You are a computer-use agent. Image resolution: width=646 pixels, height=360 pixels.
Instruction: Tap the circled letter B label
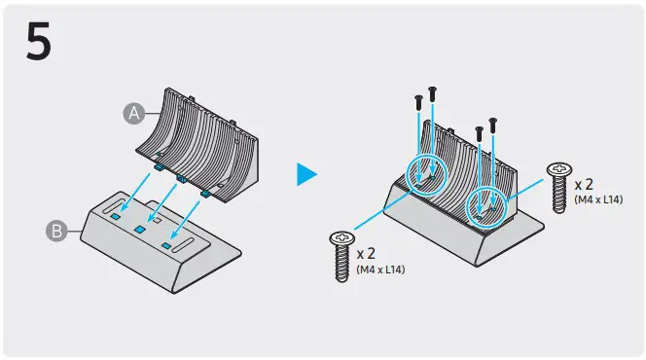tap(55, 231)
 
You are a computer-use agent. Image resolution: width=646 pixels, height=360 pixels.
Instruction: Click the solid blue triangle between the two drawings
tap(306, 174)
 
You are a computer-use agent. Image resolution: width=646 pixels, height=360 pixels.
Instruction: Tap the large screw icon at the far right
tap(559, 185)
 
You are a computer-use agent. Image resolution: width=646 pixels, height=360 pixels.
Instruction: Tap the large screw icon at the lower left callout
tap(341, 255)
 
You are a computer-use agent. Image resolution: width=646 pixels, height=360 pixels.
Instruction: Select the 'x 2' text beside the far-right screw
tap(585, 183)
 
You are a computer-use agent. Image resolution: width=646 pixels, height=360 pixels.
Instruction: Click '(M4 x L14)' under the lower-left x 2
tap(381, 270)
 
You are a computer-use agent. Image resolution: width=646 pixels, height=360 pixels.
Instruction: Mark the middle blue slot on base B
tap(141, 227)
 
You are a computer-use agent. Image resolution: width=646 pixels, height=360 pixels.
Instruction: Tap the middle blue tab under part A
tap(180, 179)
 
